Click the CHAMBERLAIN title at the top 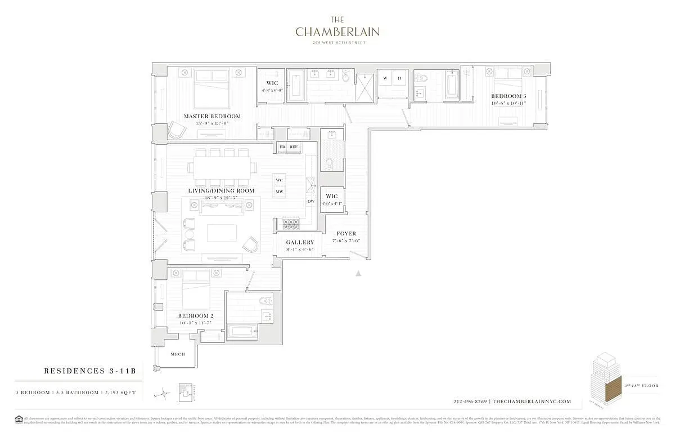[337, 32]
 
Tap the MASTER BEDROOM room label [212, 117]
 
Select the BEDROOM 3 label [508, 96]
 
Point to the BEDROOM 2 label [195, 316]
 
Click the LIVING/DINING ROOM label [221, 191]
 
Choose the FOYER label [346, 234]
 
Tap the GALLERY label [300, 243]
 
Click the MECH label [178, 354]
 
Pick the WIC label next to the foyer [331, 197]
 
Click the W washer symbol [385, 78]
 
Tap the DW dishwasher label [310, 201]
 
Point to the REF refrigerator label [294, 147]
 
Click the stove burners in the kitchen [291, 224]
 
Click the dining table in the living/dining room [221, 167]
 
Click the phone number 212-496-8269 [470, 402]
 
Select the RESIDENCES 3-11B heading [89, 371]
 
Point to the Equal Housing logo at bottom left [19, 419]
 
